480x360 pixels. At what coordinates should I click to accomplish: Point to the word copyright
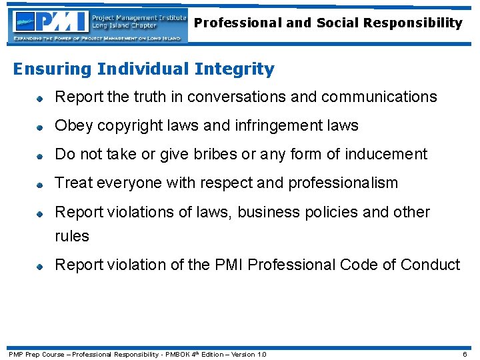click(x=123, y=125)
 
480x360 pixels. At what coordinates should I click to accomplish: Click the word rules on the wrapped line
click(x=72, y=236)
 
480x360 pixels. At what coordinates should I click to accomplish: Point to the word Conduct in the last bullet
click(x=430, y=265)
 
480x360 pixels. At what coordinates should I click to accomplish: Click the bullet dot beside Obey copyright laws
click(x=41, y=127)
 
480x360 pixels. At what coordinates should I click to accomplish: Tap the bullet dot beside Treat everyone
click(x=41, y=184)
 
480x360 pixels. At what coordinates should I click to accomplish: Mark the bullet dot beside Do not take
click(x=41, y=155)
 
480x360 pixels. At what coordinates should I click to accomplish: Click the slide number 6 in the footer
click(x=465, y=354)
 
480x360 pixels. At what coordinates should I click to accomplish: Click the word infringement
click(x=299, y=125)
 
